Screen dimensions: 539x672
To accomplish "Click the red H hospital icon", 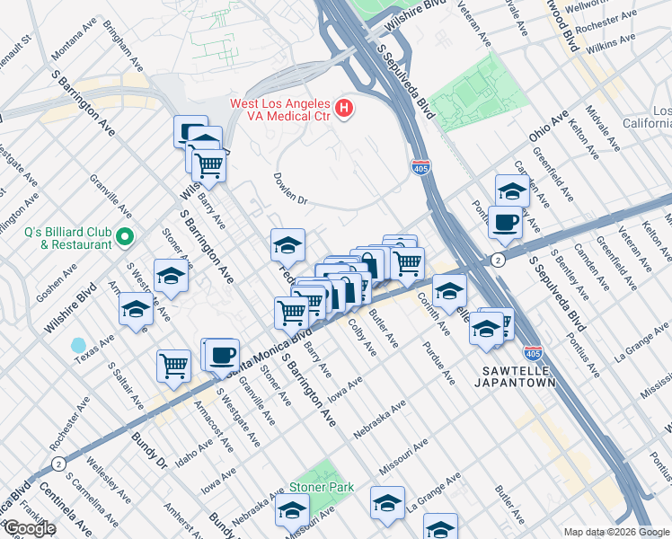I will [x=343, y=110].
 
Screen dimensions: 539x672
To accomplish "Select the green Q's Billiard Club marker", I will [x=124, y=237].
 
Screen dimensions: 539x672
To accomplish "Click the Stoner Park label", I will [x=322, y=488].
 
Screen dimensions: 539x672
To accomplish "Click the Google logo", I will [x=29, y=529].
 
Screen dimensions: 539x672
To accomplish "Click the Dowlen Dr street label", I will [x=290, y=190].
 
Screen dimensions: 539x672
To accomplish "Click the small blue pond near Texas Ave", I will [x=79, y=345].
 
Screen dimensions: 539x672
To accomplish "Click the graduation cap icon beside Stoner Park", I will [x=293, y=511].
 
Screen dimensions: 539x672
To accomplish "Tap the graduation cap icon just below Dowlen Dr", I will [x=288, y=243].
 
